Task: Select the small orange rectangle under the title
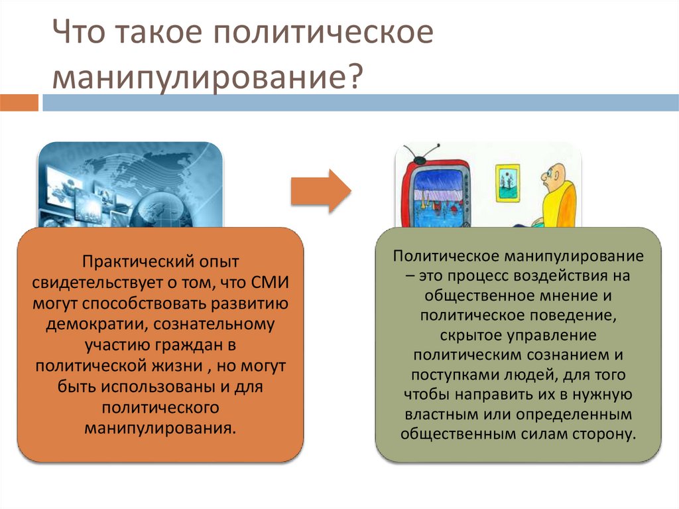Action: pos(19,103)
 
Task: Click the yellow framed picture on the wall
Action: pos(507,179)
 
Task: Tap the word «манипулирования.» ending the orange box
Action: pos(160,427)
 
